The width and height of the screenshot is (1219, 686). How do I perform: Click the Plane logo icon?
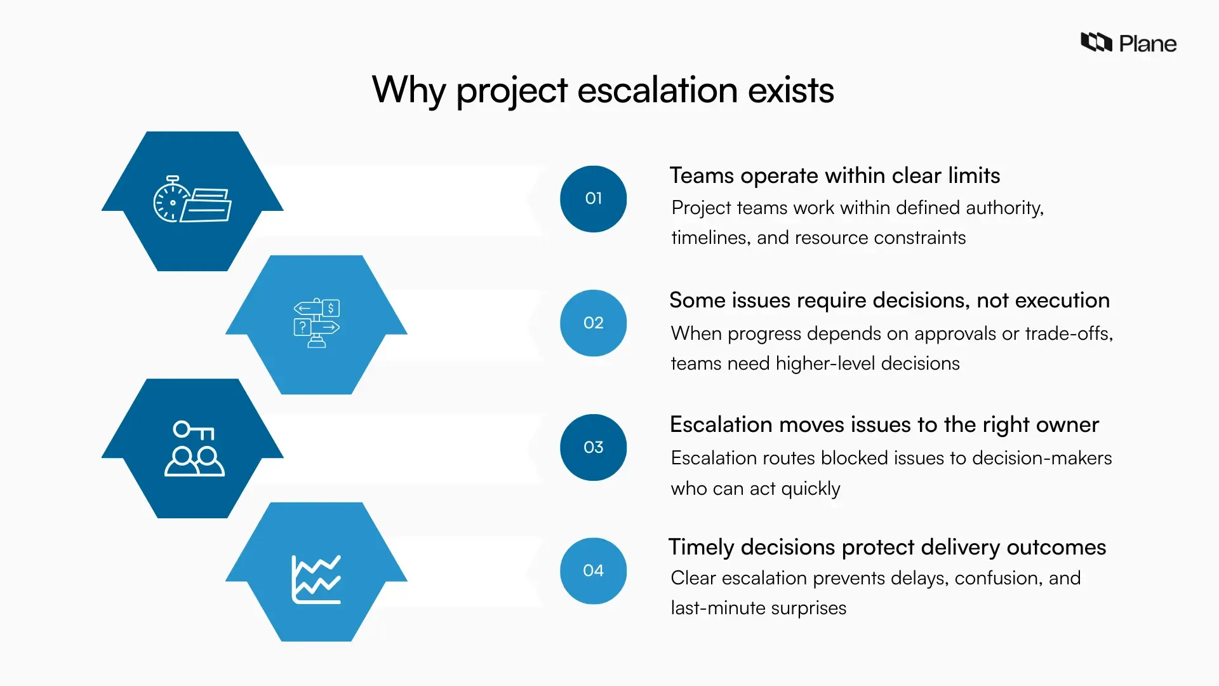click(x=1096, y=43)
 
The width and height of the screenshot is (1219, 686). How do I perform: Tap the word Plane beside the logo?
click(x=1147, y=44)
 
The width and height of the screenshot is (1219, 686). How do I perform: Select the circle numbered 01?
click(x=593, y=199)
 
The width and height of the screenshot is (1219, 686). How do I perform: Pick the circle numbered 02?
click(x=593, y=323)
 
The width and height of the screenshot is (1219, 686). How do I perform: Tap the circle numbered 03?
click(x=593, y=447)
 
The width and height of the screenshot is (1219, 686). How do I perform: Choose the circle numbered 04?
click(x=593, y=570)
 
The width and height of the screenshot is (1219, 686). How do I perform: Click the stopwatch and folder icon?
click(x=192, y=199)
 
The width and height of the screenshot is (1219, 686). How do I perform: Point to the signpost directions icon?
click(x=316, y=323)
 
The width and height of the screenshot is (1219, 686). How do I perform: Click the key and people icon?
click(x=194, y=448)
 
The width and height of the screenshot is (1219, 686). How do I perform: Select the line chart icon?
click(x=316, y=579)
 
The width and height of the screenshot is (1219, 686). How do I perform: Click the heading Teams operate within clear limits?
click(x=834, y=175)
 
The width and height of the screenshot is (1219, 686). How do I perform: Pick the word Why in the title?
click(x=408, y=90)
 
